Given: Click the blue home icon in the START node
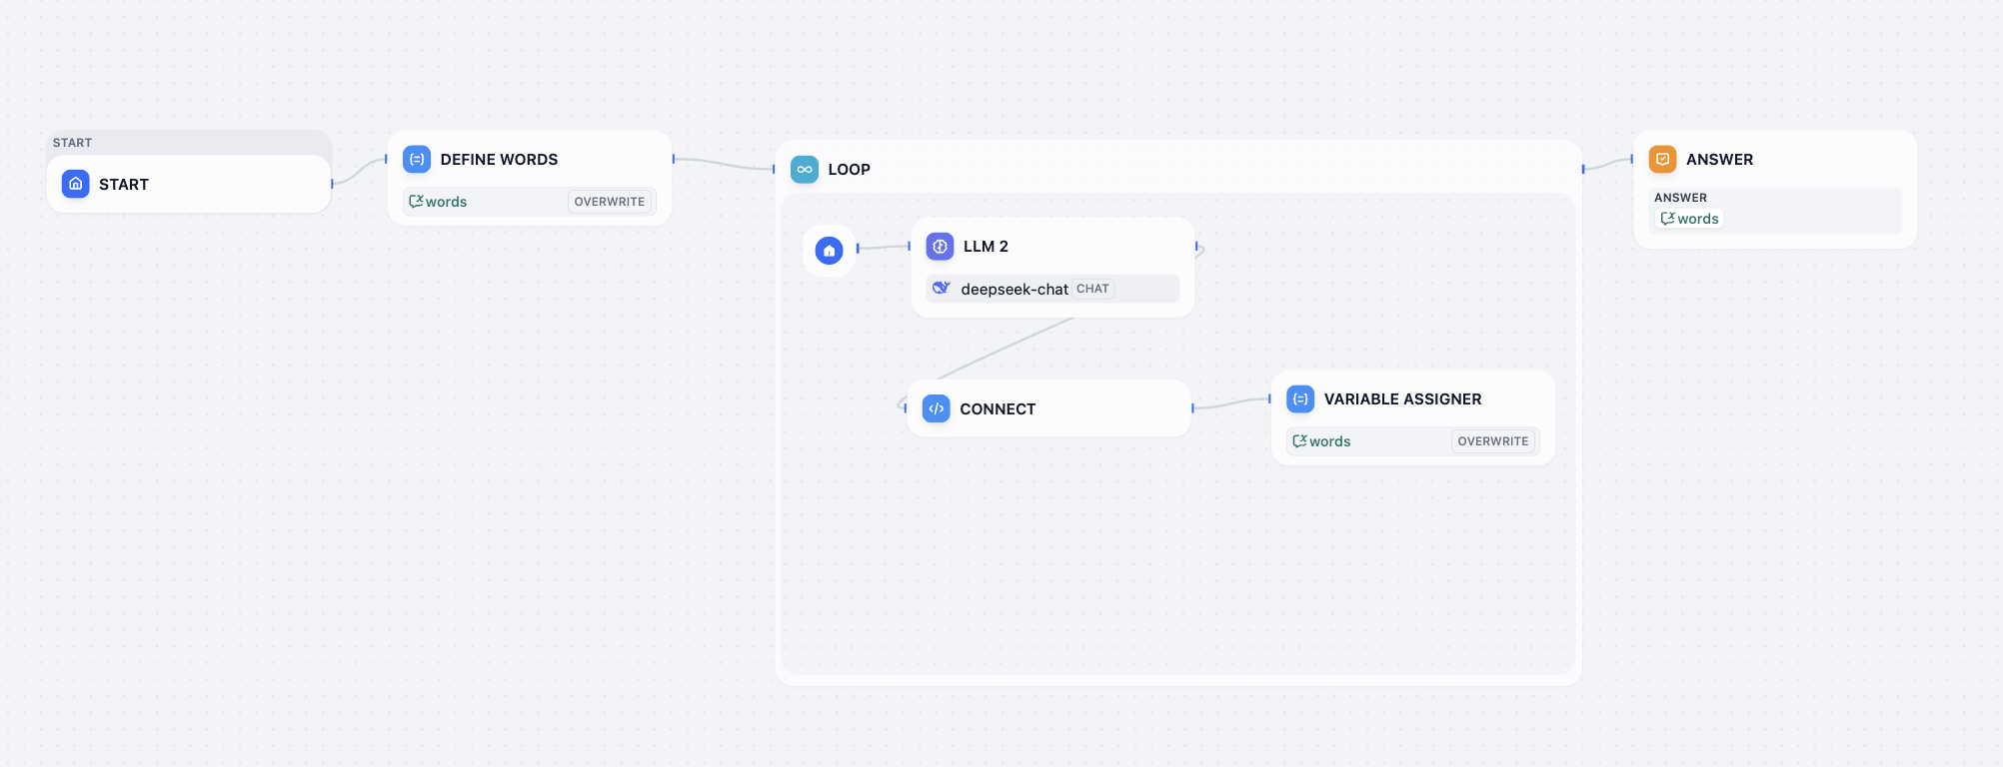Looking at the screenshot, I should tap(76, 184).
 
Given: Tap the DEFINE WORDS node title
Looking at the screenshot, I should tap(499, 160).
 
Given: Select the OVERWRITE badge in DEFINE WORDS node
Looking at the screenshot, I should tap(610, 202).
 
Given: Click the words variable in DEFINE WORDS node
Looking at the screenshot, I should tap(439, 202).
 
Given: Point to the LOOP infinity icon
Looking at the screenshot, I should tap(805, 170).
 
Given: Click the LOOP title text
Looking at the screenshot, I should tap(849, 170).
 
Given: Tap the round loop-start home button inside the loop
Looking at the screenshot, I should tap(830, 251).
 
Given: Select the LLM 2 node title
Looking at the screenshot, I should tap(986, 247).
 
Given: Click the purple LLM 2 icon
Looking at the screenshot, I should tap(940, 247).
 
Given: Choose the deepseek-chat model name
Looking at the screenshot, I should tap(1013, 290).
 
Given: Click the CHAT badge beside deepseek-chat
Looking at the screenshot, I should tap(1092, 289).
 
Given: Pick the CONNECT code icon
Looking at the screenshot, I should tap(937, 409).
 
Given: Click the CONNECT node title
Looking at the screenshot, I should tap(998, 409).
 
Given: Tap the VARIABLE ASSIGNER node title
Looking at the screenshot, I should tap(1402, 399).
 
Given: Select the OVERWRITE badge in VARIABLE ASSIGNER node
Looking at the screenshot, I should tap(1493, 441).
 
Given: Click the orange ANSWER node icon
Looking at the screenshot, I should tap(1662, 160).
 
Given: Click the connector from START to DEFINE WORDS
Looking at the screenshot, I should tap(359, 171).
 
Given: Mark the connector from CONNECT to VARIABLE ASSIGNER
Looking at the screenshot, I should tap(1231, 403).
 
